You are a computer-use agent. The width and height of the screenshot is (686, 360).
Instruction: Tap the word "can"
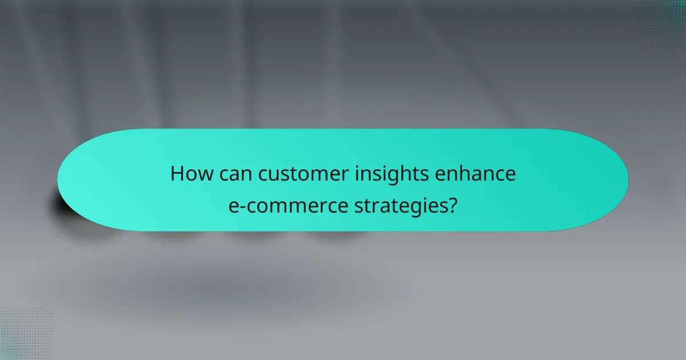coord(235,174)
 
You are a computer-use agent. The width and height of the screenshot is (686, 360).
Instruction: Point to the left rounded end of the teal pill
coord(74,179)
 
